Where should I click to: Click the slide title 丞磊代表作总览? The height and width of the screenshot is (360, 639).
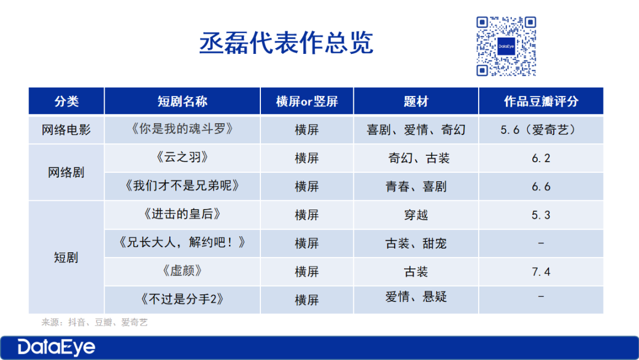286,43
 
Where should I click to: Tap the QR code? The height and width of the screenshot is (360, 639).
506,46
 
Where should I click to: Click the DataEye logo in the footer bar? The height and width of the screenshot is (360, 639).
56,347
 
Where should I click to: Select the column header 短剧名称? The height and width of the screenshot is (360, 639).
182,101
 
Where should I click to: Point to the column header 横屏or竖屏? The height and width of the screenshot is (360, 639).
307,101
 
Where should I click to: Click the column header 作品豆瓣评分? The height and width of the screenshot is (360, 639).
541,101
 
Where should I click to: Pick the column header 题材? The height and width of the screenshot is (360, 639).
416,101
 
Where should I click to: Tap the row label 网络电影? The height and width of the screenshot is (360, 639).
66,130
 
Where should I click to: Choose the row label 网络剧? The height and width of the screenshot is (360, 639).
66,172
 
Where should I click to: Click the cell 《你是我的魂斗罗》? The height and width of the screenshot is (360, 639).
182,129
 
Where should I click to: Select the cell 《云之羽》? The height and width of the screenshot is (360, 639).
182,157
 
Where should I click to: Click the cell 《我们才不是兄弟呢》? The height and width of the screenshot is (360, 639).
182,185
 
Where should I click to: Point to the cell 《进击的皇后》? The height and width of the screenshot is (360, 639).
182,214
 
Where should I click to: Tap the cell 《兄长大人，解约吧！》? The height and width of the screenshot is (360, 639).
182,243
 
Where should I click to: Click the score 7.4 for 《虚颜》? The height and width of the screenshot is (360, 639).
541,272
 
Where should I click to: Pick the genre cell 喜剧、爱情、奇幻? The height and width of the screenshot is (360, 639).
416,130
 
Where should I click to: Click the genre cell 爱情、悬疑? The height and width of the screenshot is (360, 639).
416,297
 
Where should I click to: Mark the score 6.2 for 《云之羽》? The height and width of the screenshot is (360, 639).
541,158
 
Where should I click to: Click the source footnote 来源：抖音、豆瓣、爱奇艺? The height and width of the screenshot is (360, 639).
95,323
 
